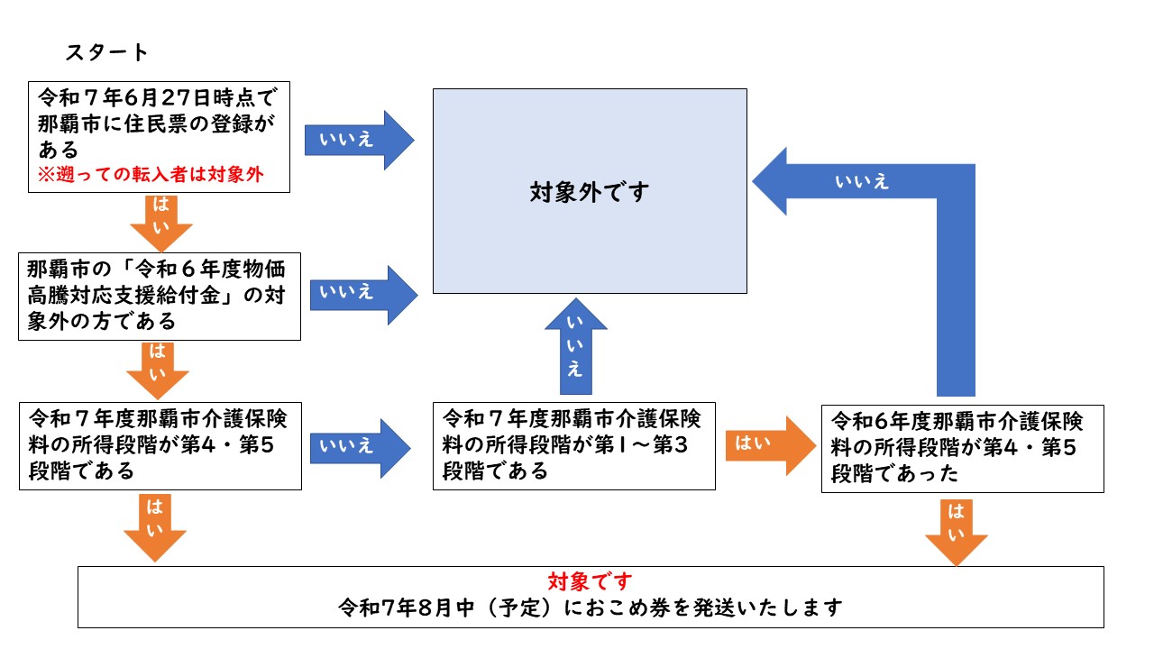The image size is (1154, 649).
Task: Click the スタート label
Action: coord(106,52)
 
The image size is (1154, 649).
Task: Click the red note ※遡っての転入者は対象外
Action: coord(151,175)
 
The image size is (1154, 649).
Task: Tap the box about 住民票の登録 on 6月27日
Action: coord(160,137)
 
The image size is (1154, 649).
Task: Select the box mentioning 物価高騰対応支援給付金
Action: coord(160,297)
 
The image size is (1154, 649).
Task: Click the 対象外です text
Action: coord(590,192)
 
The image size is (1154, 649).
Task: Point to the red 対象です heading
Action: coord(590,581)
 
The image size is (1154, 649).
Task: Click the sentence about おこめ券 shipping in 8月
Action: coord(591,608)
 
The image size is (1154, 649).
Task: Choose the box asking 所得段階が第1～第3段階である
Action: coord(574,446)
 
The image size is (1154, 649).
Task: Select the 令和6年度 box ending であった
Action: coord(963,449)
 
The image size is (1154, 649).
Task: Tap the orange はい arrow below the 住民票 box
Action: coord(161,223)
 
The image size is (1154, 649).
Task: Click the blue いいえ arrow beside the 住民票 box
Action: coord(360,140)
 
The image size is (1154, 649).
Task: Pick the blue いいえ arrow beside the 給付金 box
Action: coord(363,295)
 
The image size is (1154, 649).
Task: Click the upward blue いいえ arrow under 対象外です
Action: coord(576,346)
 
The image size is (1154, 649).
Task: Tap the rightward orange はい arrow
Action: coord(771,446)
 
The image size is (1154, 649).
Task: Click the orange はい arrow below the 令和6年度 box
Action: coord(957,533)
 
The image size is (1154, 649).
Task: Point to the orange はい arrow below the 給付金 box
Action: coord(158,370)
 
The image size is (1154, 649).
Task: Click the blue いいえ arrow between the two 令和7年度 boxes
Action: coord(360,449)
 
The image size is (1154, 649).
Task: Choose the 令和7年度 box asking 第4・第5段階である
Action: coord(160,446)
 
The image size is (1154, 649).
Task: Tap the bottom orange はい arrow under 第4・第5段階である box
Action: coord(155,528)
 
